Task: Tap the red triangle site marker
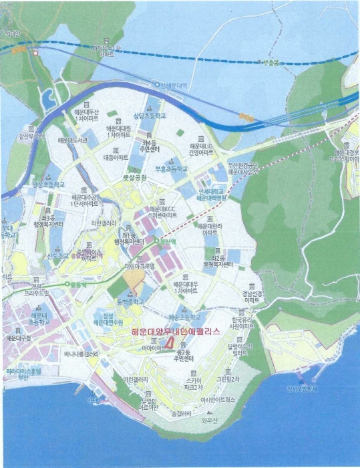click(172, 343)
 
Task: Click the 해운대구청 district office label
click(20, 338)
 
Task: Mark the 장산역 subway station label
click(164, 241)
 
